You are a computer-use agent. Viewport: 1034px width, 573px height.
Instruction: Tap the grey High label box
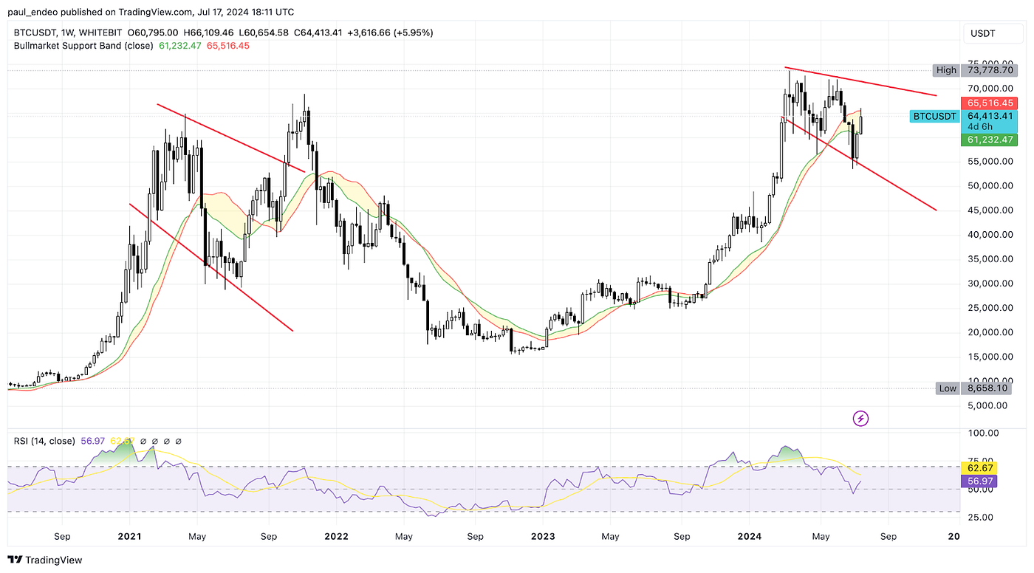click(x=946, y=70)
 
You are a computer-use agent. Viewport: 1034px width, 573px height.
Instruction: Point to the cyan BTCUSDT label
click(x=934, y=116)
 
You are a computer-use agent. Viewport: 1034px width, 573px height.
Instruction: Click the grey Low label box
click(x=948, y=388)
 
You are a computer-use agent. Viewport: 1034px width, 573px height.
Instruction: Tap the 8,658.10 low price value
click(x=986, y=388)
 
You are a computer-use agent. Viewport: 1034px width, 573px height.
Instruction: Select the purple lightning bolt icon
click(x=860, y=419)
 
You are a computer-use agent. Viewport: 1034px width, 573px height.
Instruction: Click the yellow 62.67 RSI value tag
click(x=980, y=467)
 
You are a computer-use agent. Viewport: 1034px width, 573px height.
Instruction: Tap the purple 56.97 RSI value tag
click(x=980, y=481)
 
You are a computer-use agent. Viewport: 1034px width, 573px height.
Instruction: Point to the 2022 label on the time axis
click(x=336, y=536)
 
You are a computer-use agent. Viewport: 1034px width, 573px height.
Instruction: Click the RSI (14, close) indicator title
click(x=44, y=441)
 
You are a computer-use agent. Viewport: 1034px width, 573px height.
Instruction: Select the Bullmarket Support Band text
click(x=83, y=46)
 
